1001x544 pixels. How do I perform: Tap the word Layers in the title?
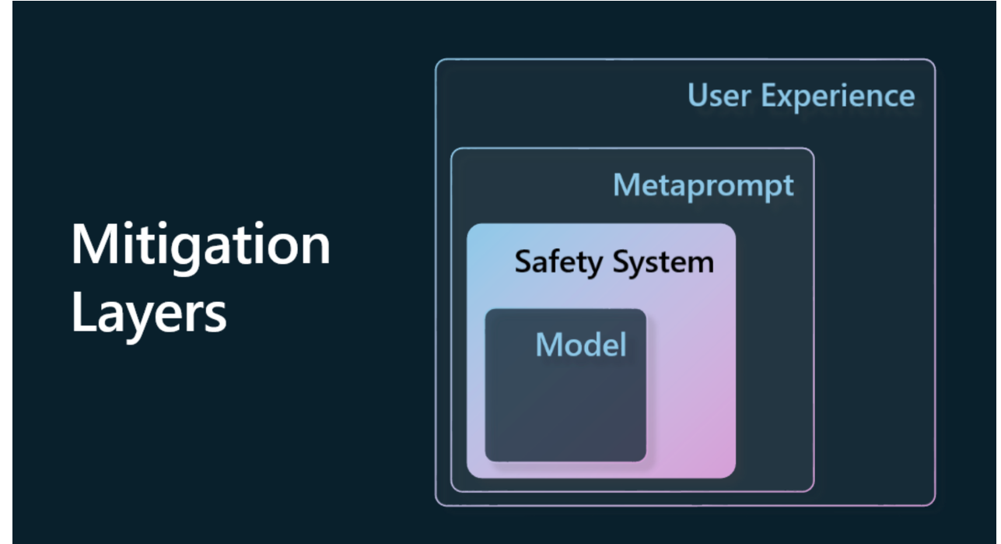point(149,314)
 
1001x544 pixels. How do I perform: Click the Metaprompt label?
point(703,186)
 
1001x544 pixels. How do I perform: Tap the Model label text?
point(580,344)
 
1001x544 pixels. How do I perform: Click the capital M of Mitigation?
point(90,245)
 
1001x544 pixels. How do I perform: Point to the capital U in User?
point(698,96)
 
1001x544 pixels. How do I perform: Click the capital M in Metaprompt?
point(627,186)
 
